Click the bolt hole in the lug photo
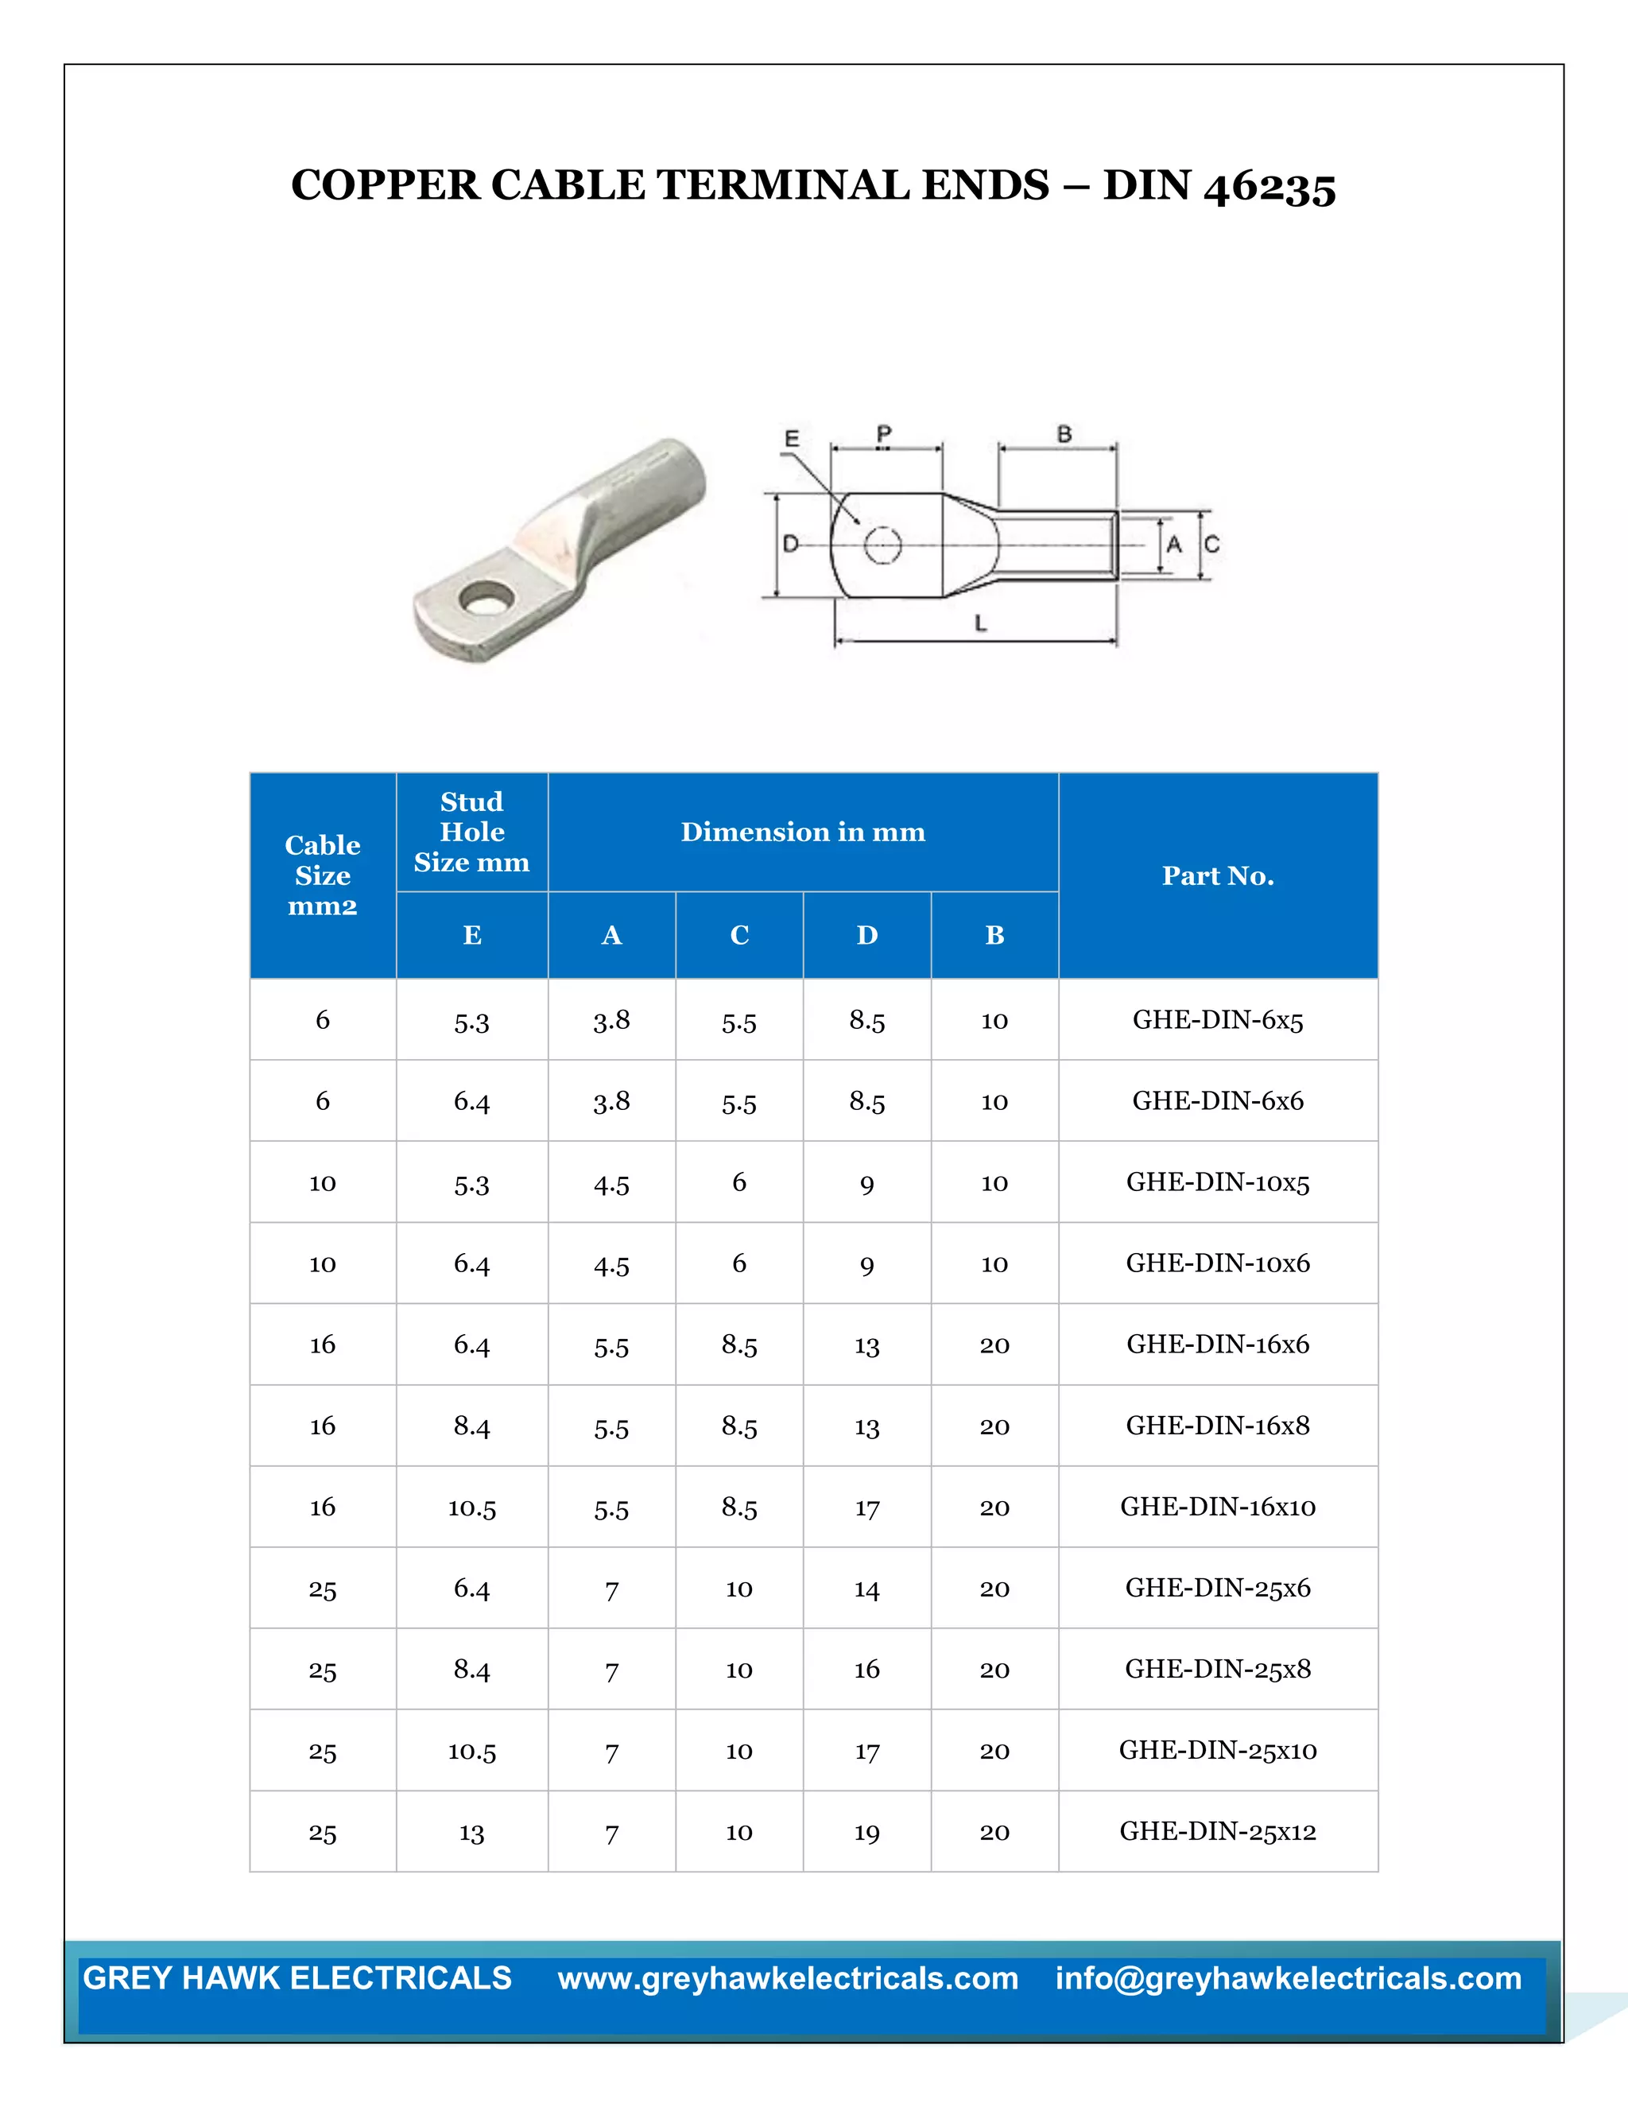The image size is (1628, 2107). pyautogui.click(x=485, y=601)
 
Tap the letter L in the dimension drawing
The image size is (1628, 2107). pyautogui.click(x=980, y=623)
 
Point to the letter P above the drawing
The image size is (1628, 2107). pyautogui.click(x=883, y=434)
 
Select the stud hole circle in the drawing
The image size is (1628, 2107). pyautogui.click(x=882, y=545)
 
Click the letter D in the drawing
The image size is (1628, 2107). pyautogui.click(x=790, y=544)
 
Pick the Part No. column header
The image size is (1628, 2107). pyautogui.click(x=1217, y=876)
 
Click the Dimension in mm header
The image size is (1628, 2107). pyautogui.click(x=802, y=832)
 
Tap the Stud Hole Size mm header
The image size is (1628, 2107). pyautogui.click(x=471, y=832)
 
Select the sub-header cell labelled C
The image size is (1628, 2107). pyautogui.click(x=738, y=935)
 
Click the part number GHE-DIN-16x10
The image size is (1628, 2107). pyautogui.click(x=1217, y=1507)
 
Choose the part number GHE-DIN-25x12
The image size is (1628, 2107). pyautogui.click(x=1217, y=1831)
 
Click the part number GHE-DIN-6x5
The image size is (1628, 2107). pyautogui.click(x=1217, y=1020)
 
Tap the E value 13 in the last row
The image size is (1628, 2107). pyautogui.click(x=471, y=1833)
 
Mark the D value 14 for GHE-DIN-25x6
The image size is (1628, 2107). pyautogui.click(x=866, y=1589)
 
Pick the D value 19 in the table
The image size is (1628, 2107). pyautogui.click(x=866, y=1833)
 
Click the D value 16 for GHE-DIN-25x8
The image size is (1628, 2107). pyautogui.click(x=866, y=1670)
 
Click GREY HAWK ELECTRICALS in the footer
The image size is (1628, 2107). pyautogui.click(x=297, y=1977)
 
